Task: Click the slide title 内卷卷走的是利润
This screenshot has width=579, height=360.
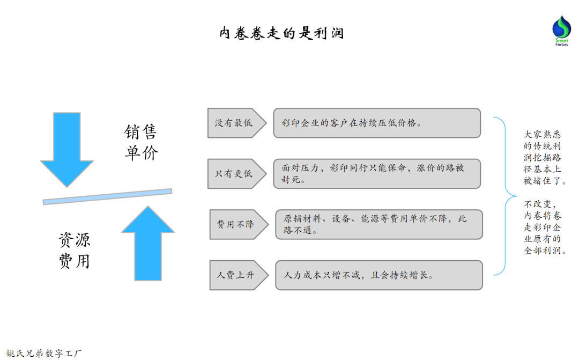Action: [x=281, y=33]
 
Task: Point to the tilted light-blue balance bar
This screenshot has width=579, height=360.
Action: [x=107, y=196]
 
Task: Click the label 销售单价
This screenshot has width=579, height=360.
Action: [x=142, y=143]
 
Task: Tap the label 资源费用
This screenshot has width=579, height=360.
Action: [x=75, y=250]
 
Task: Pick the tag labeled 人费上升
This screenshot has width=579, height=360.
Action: [x=236, y=275]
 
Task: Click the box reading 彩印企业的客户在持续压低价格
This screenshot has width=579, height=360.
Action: [x=376, y=123]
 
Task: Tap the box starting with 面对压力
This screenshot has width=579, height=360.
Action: [x=376, y=174]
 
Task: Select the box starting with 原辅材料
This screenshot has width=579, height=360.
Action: [x=378, y=224]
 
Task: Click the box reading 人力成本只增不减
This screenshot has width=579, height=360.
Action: [x=378, y=275]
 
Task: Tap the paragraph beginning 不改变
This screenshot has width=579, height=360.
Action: [x=545, y=227]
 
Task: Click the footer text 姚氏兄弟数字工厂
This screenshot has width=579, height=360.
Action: [x=43, y=353]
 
